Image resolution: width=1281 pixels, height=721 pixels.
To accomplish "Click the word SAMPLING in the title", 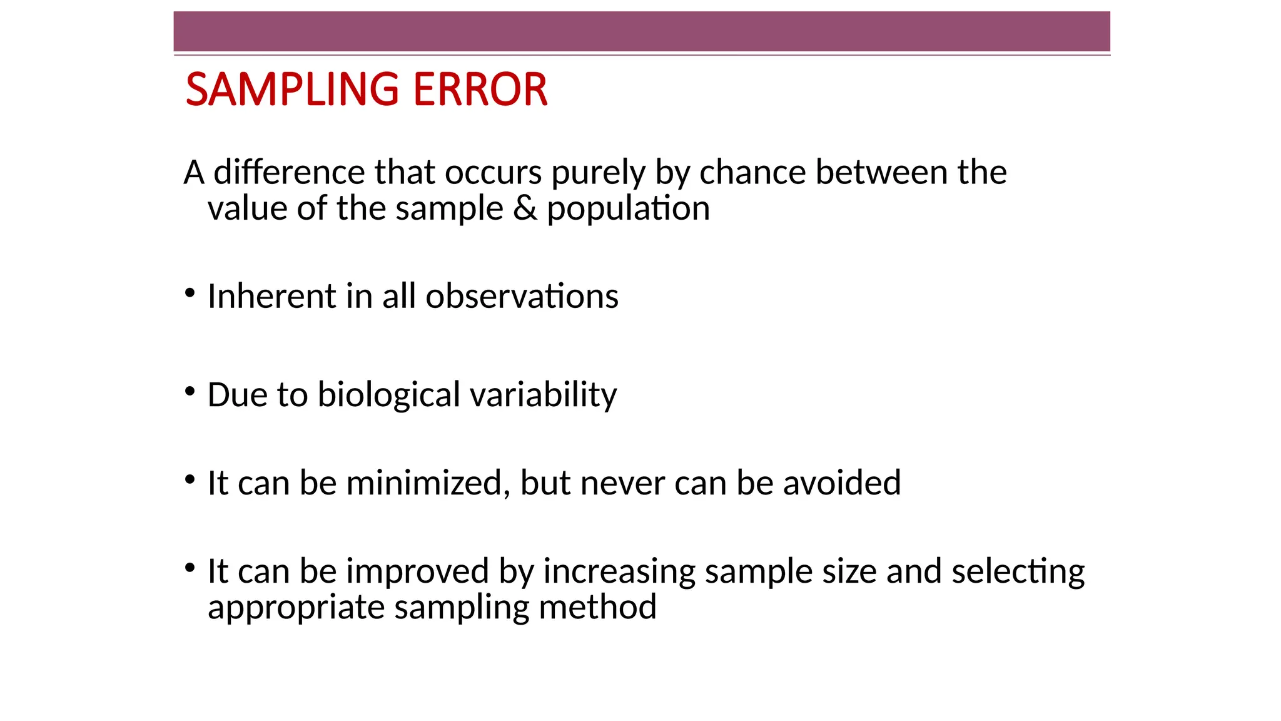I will tap(292, 89).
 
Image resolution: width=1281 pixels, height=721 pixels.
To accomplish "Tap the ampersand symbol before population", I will tap(525, 208).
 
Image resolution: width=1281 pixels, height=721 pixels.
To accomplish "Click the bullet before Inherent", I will tap(190, 293).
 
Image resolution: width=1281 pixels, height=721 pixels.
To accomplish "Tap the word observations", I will tap(522, 296).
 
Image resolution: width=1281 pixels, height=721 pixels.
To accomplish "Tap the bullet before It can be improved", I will tap(190, 568).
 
